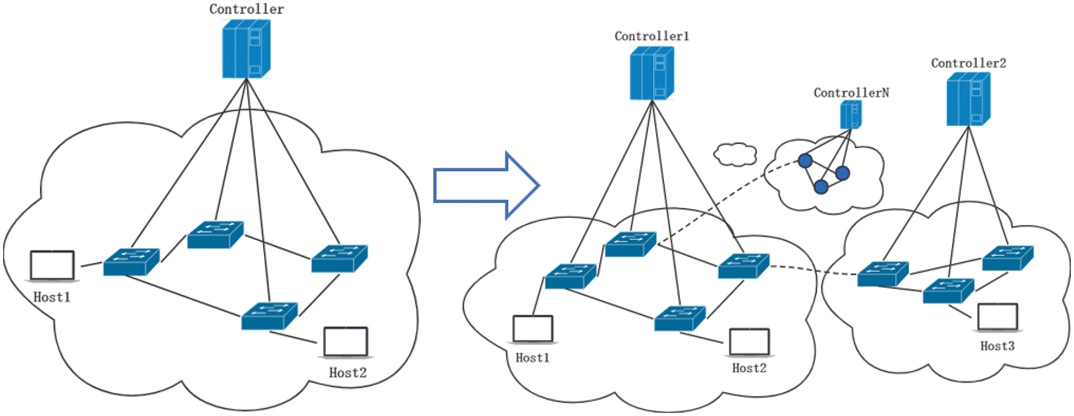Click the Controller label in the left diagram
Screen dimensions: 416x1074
(x=246, y=9)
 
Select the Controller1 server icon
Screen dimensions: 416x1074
(x=652, y=73)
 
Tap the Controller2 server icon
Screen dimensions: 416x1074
(x=968, y=99)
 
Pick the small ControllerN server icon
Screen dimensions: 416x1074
(x=850, y=115)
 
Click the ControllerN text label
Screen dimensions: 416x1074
(x=851, y=93)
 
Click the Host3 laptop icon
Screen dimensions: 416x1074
(x=997, y=317)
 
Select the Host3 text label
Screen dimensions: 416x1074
(x=997, y=346)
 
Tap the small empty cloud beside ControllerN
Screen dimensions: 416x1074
(x=735, y=154)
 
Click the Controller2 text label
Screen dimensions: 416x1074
(x=968, y=63)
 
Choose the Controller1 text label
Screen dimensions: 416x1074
(x=652, y=36)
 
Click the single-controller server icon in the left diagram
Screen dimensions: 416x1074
(x=246, y=49)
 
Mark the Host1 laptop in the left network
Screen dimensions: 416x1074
(x=52, y=266)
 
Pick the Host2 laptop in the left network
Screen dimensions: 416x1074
(x=345, y=342)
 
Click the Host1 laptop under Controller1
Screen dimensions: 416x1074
(x=533, y=329)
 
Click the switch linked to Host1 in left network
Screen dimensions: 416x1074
(x=131, y=262)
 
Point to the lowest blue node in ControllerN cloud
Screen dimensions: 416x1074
(x=821, y=187)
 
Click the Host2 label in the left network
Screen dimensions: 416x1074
(x=348, y=373)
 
